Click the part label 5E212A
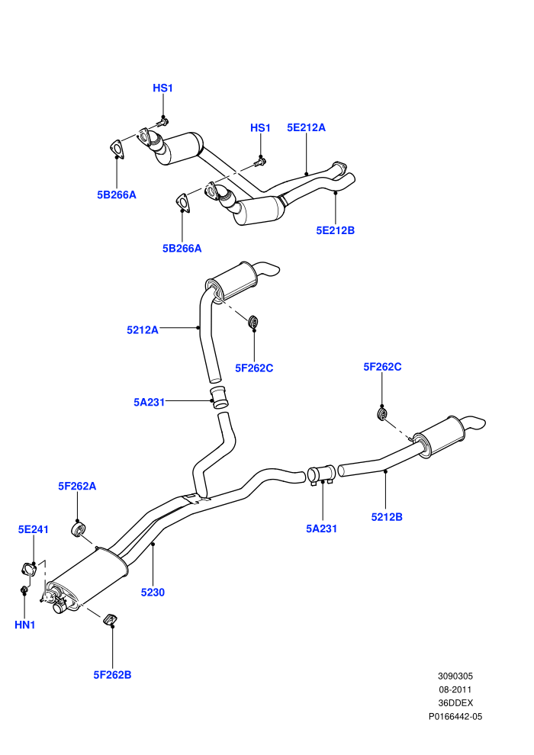pos(306,127)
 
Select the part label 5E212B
pos(335,230)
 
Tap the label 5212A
pos(143,330)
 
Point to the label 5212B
pos(387,517)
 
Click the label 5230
pos(153,593)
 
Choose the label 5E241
pos(34,530)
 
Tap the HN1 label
pos(24,625)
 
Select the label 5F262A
pos(77,487)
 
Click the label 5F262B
pos(112,675)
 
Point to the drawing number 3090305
pos(455,676)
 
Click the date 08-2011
pos(455,689)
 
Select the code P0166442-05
pos(455,716)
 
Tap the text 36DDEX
pos(455,703)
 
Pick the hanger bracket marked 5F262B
pos(111,620)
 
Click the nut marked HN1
pos(23,590)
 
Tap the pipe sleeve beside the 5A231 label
pos(220,397)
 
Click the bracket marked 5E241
pos(30,569)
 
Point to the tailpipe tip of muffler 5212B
pos(478,424)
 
